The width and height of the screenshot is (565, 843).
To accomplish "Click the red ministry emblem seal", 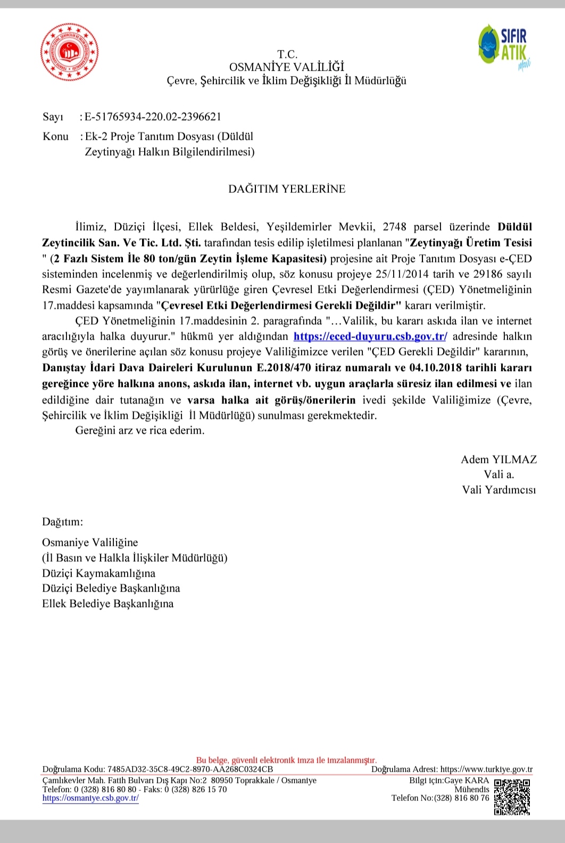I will coord(70,52).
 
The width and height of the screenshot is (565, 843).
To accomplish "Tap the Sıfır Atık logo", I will coord(504,46).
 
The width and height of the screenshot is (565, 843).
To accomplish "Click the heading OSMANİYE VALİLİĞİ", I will coord(286,67).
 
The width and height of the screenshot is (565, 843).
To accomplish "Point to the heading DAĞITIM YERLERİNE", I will coord(287,189).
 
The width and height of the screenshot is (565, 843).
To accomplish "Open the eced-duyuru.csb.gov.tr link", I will coord(370,336).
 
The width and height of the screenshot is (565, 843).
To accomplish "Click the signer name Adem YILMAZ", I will coord(498,460).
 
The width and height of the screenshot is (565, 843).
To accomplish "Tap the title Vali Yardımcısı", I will coord(498,490).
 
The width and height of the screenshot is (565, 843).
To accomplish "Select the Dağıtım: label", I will coord(63,522).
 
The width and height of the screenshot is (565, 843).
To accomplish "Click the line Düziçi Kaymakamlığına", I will coord(99,573).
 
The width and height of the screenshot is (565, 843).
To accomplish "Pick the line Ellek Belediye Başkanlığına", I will coord(108,604).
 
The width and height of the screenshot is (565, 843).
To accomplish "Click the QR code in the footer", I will coord(512,796).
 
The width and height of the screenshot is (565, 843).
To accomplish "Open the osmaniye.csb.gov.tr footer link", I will coord(90,798).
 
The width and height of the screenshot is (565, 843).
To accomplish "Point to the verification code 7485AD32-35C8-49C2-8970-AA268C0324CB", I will coord(190,769).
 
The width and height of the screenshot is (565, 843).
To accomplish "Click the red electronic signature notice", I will coord(286,760).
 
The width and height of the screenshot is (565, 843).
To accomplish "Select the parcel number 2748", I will coord(394,227).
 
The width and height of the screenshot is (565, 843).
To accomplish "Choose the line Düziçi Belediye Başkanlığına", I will coord(111,588).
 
